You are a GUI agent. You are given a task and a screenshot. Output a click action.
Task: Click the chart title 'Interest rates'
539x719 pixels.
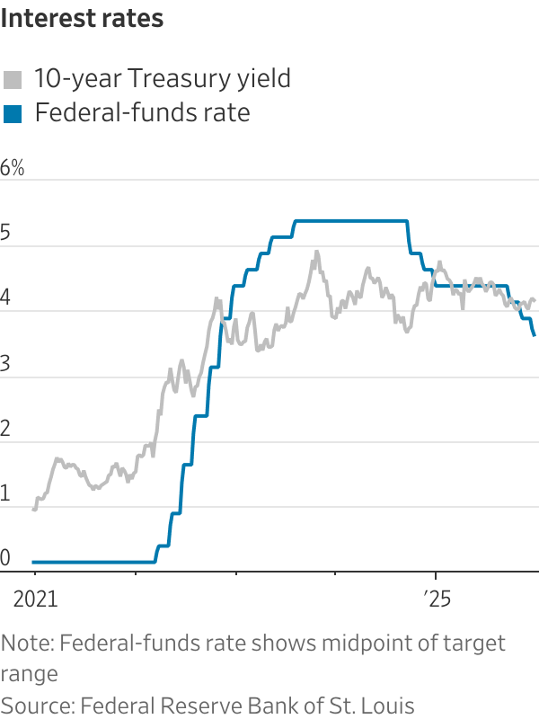point(82,18)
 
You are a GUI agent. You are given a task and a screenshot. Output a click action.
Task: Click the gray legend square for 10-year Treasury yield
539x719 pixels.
point(13,79)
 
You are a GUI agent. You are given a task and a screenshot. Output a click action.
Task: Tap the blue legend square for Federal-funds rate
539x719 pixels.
point(13,113)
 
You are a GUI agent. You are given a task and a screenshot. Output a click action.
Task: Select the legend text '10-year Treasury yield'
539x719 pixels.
point(162,79)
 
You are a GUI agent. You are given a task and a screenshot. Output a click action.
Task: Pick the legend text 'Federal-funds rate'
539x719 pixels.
point(141,113)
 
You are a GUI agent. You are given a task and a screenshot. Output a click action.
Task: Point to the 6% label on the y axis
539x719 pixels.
point(13,168)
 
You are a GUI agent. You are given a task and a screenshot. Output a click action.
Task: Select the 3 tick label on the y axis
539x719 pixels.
point(6,364)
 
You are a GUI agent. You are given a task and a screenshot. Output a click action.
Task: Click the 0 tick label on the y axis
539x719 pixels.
point(6,559)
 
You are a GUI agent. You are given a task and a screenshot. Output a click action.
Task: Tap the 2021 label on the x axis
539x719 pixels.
point(35,597)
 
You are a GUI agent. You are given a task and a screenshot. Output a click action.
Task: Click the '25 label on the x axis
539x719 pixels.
point(436,597)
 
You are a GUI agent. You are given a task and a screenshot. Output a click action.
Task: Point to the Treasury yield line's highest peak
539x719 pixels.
point(317,252)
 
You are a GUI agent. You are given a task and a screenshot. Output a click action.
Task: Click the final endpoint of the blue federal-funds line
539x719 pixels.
point(535,335)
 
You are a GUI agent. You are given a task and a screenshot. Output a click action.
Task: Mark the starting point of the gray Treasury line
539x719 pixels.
point(34,510)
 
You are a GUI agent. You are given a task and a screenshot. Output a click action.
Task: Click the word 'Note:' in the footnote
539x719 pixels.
point(27,644)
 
